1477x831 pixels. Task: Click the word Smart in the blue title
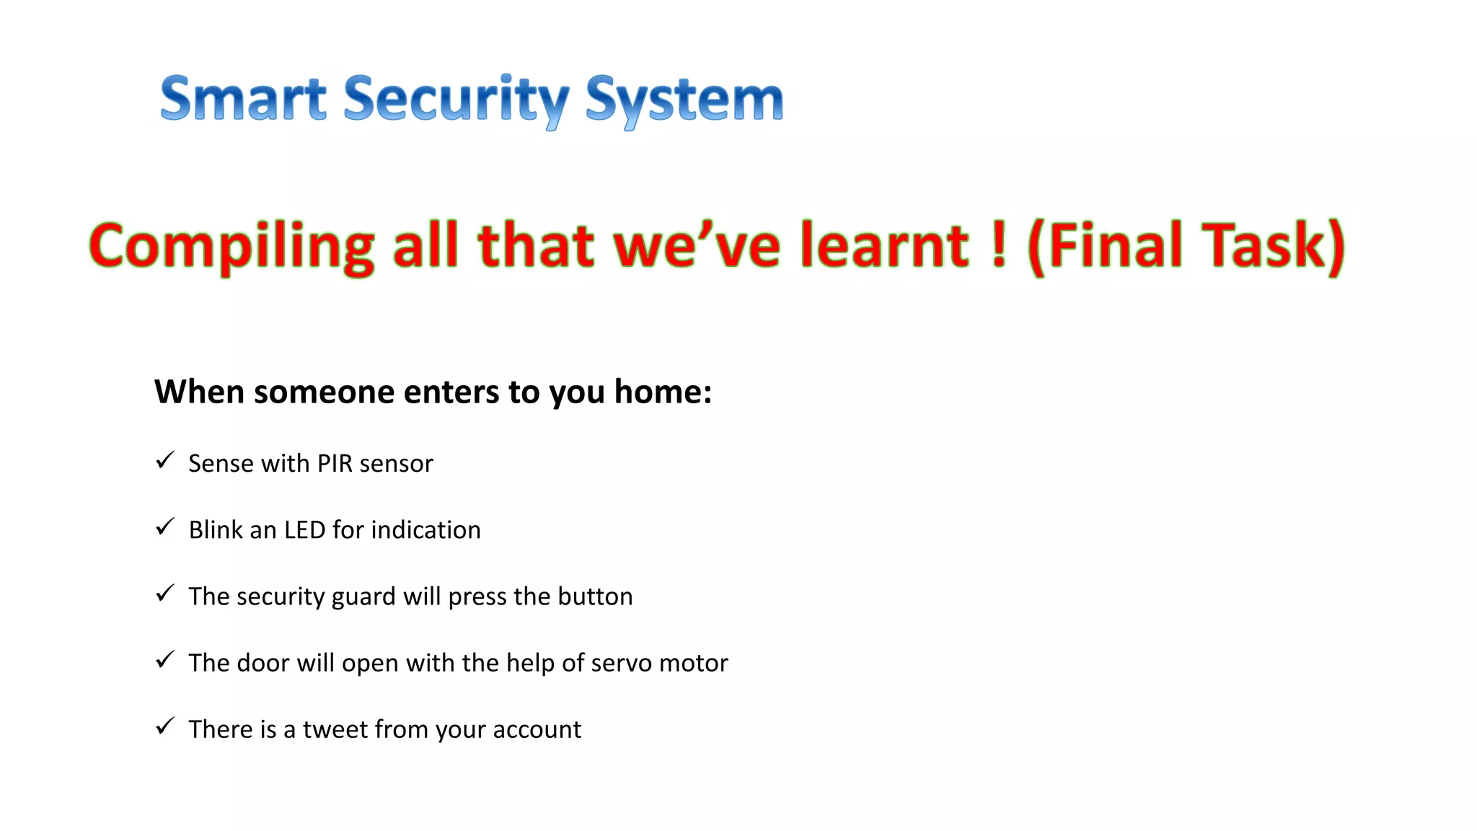[x=243, y=99]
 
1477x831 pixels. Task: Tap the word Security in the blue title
[x=456, y=100]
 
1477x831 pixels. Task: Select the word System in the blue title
[x=684, y=100]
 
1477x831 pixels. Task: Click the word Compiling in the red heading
[x=232, y=247]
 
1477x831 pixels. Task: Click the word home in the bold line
[x=658, y=392]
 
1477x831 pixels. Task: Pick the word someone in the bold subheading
[x=325, y=393]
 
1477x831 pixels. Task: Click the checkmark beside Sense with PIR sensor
[x=165, y=460]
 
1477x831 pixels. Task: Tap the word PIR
[x=335, y=463]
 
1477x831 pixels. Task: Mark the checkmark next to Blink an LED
[x=165, y=527]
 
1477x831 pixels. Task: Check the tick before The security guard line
[x=165, y=593]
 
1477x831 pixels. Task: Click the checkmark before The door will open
[x=165, y=659]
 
